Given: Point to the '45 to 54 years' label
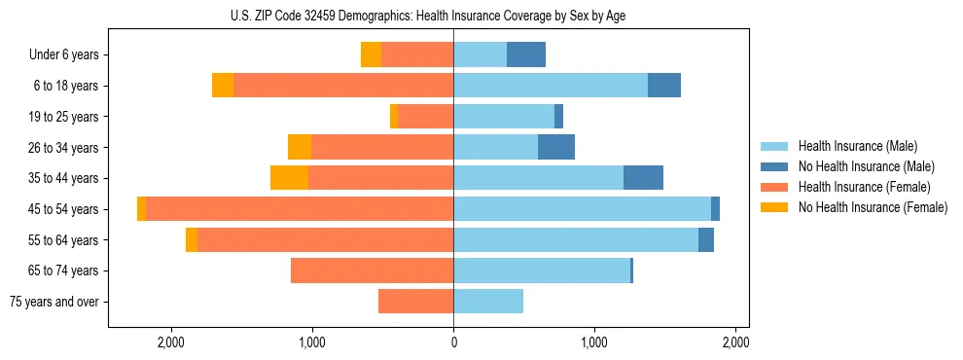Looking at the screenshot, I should [64, 209].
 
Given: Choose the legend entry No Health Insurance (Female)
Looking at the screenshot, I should [873, 207].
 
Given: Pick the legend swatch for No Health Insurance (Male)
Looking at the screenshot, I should [775, 166].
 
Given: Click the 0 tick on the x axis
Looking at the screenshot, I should [453, 342].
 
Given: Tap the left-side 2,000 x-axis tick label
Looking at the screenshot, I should [171, 342].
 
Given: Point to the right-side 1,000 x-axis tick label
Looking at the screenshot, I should [594, 342].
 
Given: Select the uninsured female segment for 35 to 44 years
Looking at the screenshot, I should [289, 178].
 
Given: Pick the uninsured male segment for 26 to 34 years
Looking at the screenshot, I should [556, 147].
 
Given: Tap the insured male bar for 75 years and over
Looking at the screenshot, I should [488, 302].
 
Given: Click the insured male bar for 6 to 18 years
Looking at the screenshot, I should [551, 86].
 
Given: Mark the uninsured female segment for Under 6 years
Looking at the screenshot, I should [371, 54].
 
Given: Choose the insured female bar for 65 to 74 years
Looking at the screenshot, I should [372, 270].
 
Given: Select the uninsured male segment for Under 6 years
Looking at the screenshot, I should [526, 54].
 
